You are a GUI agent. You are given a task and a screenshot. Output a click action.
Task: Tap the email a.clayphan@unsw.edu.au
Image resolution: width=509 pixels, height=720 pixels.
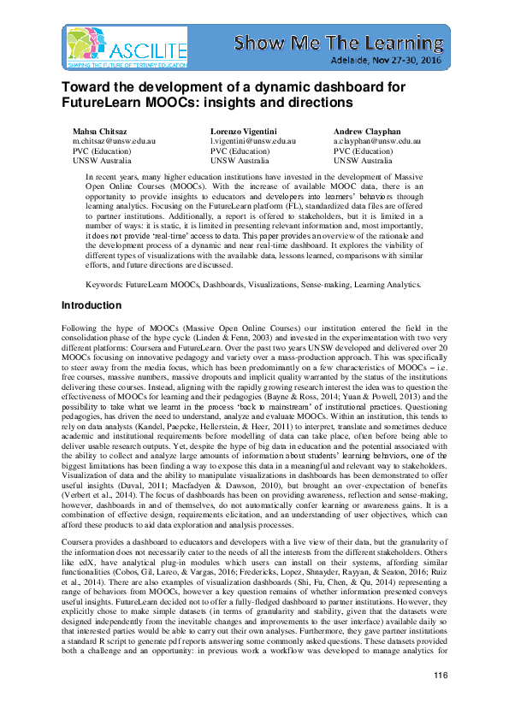[x=376, y=140]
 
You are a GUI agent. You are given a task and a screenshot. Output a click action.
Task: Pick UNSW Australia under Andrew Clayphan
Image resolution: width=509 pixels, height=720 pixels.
[x=361, y=160]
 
